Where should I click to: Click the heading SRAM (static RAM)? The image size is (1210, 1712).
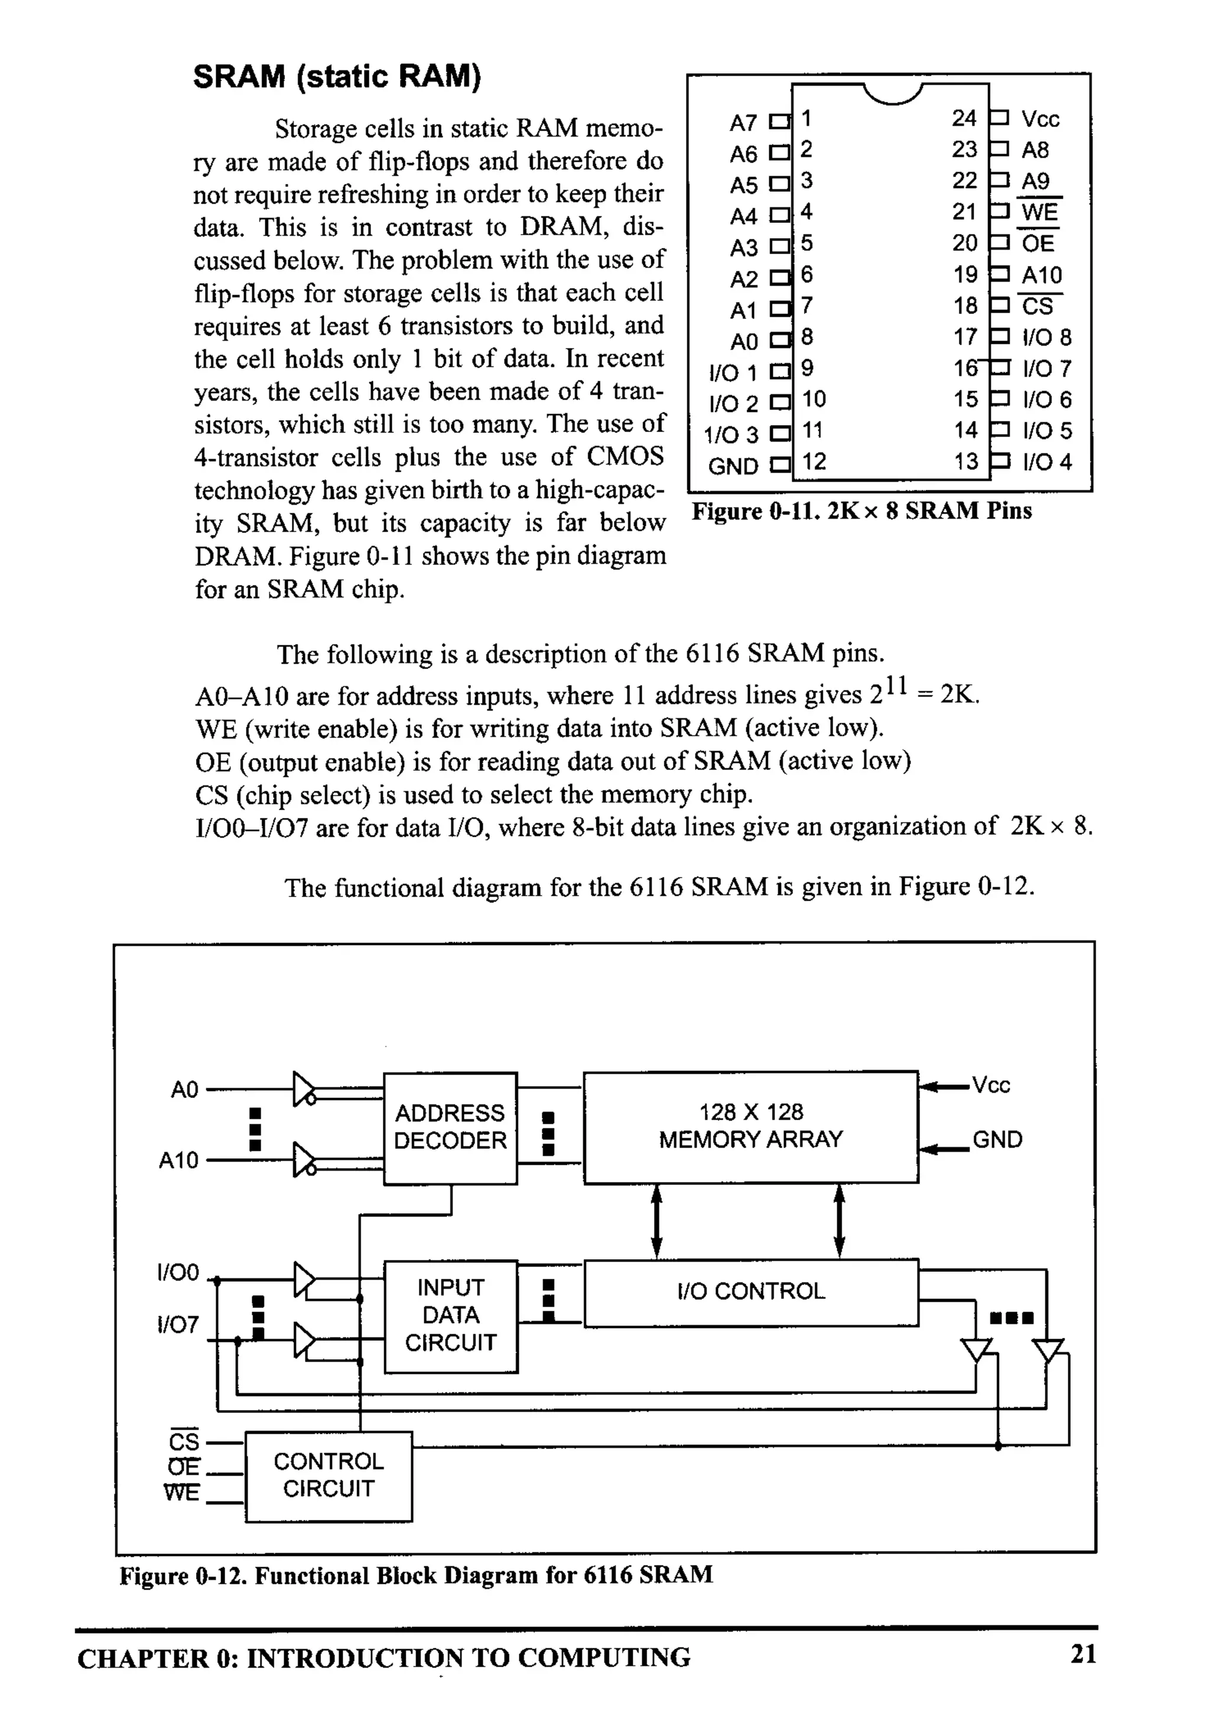(x=337, y=77)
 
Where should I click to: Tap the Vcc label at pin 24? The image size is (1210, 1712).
(x=1040, y=119)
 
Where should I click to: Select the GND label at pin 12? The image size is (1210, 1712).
(x=733, y=466)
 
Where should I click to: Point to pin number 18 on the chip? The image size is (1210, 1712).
(x=965, y=306)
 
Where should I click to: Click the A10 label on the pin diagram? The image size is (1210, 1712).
(x=1042, y=275)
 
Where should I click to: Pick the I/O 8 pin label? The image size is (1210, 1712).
(x=1047, y=338)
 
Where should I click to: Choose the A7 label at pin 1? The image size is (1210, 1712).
(x=743, y=122)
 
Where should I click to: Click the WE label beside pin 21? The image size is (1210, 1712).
(x=1039, y=213)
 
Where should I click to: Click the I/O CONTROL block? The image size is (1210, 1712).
(x=751, y=1291)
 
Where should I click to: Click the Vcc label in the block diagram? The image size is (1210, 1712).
(x=991, y=1086)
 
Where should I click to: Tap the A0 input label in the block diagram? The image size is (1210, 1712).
(x=184, y=1090)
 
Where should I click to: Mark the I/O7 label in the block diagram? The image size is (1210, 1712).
(x=178, y=1325)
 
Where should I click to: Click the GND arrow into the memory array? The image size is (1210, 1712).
(x=945, y=1149)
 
